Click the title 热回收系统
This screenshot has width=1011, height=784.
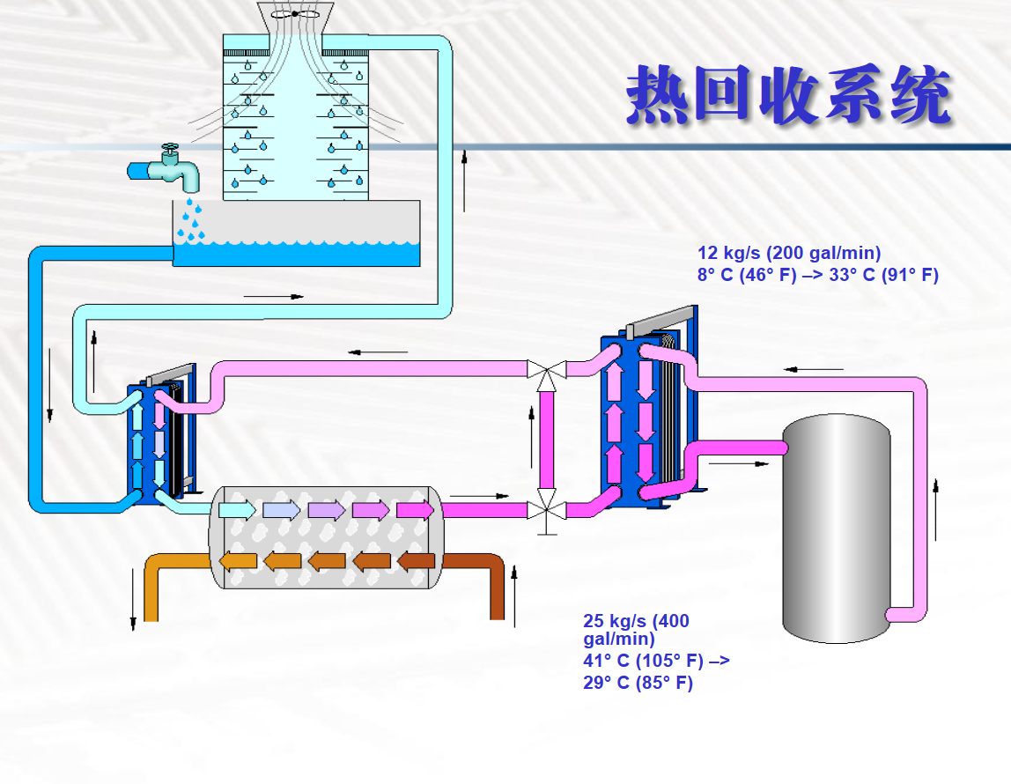pos(788,94)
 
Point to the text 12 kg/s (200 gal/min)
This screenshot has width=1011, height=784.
pos(789,254)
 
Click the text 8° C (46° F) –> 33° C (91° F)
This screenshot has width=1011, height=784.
pos(818,275)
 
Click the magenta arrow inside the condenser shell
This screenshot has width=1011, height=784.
pos(416,510)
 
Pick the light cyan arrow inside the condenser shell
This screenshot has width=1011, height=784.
pos(237,510)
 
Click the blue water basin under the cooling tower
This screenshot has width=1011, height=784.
pos(297,254)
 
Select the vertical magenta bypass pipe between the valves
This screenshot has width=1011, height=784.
pos(547,440)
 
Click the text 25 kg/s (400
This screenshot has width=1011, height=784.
pos(636,621)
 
